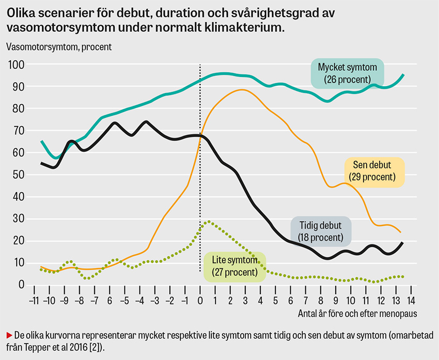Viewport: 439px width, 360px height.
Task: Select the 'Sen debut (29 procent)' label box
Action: tap(374, 171)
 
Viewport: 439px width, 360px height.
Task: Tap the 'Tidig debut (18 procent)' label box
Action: tap(320, 231)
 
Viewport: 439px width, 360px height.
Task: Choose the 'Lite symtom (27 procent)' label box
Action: tap(235, 267)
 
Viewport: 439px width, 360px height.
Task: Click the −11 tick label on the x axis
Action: tap(34, 301)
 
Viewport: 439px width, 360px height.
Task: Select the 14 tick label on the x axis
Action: tap(411, 301)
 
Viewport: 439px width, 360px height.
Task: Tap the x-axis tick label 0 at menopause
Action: tap(200, 301)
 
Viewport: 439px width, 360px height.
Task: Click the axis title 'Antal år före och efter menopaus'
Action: tap(357, 313)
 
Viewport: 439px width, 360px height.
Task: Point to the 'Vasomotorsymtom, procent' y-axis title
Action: tap(59, 46)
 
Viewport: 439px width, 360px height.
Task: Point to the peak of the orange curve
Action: tap(242, 90)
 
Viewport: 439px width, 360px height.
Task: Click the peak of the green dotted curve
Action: tap(208, 222)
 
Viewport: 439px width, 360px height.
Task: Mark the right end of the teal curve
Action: tap(403, 75)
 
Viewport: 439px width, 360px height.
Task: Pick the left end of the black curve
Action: tap(42, 163)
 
